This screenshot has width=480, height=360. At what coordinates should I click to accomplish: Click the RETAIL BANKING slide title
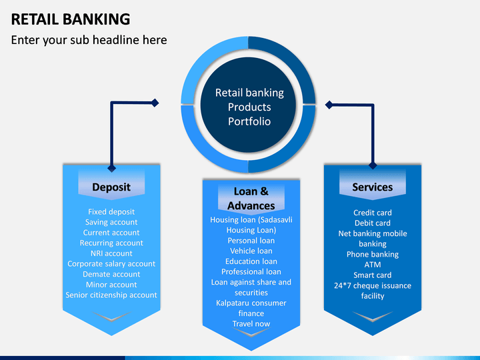tap(71, 19)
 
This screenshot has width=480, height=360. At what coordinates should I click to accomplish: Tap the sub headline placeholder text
tap(89, 40)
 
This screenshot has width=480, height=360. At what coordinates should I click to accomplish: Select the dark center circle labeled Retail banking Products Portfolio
tap(249, 105)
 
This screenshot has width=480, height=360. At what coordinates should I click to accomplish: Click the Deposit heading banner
tap(111, 185)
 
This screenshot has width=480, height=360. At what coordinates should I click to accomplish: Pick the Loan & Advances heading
tap(251, 199)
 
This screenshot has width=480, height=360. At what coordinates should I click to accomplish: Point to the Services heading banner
tap(373, 185)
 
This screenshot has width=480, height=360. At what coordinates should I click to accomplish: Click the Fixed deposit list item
tap(111, 212)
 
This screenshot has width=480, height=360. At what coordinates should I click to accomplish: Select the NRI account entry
tap(111, 253)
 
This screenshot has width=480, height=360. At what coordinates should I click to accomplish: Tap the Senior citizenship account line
tap(111, 295)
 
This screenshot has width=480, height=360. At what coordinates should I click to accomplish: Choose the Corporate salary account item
tap(111, 264)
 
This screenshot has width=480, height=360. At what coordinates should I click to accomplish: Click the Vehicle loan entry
tap(251, 251)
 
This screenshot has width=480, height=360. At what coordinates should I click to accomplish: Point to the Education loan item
tap(251, 261)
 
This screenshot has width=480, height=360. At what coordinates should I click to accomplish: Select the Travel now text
tap(251, 324)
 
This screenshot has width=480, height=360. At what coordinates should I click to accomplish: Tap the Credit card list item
tap(373, 213)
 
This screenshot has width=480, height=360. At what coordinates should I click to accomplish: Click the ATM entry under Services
tap(373, 265)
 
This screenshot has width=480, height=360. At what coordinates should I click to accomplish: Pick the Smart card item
tap(373, 275)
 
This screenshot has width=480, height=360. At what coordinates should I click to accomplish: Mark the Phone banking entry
tap(373, 255)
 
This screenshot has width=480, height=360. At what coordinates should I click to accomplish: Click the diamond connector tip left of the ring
tap(155, 103)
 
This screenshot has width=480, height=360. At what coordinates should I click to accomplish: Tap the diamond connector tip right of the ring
tap(329, 105)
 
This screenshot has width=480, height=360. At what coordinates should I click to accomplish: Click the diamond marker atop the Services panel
tap(373, 165)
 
